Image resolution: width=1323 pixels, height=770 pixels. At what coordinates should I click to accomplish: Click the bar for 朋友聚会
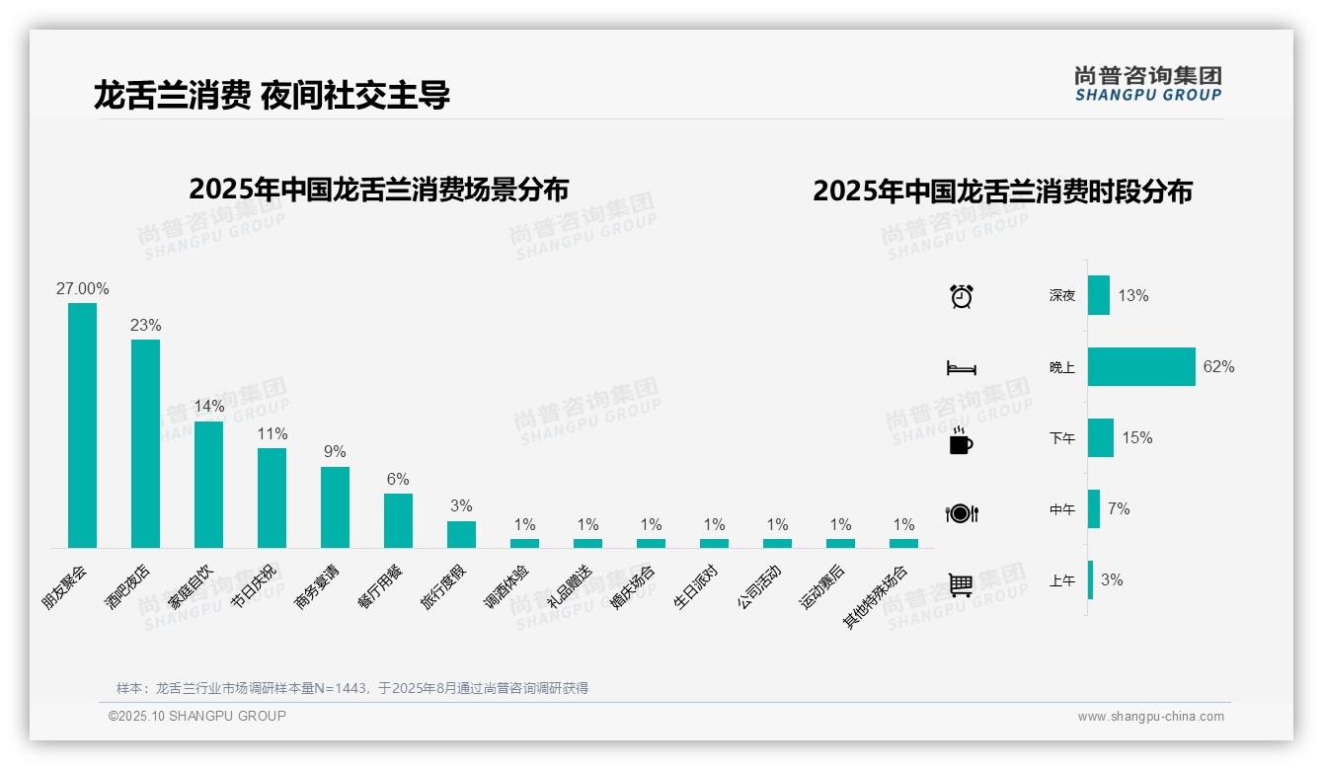[x=82, y=424]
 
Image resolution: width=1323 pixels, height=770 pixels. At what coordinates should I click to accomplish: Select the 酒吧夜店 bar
[x=145, y=443]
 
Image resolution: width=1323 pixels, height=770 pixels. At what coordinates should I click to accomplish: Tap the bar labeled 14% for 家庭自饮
[x=208, y=484]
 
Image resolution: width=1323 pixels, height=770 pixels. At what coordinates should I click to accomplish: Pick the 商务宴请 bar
[x=335, y=506]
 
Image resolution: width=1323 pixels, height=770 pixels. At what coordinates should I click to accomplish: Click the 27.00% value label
[x=82, y=289]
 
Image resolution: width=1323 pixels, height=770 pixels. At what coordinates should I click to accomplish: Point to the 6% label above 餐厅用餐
[x=398, y=480]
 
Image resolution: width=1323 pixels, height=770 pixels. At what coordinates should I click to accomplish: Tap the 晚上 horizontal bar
[x=1141, y=366]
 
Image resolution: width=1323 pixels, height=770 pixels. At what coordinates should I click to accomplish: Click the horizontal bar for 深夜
[x=1098, y=295]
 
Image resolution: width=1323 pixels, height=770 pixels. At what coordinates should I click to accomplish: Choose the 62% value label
[x=1218, y=367]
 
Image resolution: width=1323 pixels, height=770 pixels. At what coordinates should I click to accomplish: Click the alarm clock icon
[x=961, y=296]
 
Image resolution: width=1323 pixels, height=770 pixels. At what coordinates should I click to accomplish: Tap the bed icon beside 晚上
[x=961, y=368]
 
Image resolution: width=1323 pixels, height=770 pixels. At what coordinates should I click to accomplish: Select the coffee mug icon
[x=961, y=441]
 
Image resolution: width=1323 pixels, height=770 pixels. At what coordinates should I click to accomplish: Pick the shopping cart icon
[x=961, y=584]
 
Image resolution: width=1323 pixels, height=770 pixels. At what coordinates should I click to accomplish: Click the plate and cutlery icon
[x=961, y=513]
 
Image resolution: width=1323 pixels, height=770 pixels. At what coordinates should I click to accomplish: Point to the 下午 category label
[x=1062, y=438]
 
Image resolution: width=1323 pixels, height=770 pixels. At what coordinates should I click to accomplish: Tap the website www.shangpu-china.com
[x=1150, y=717]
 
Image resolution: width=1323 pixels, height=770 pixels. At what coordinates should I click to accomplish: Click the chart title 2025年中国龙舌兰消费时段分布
[x=1002, y=192]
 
